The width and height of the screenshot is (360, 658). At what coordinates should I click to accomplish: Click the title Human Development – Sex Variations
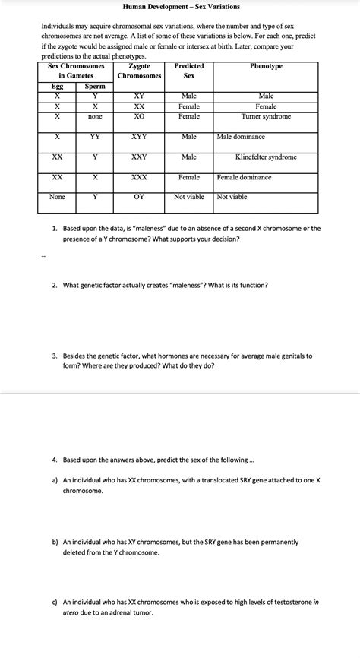(x=181, y=7)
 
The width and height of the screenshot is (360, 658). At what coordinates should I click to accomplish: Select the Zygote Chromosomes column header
(x=140, y=71)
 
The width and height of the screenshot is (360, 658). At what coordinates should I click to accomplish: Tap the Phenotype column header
(x=266, y=67)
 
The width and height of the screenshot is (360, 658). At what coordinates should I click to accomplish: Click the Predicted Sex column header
(x=189, y=71)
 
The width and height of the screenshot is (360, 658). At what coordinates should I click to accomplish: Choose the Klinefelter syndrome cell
(x=266, y=157)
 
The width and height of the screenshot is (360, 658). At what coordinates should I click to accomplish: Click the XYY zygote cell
(x=140, y=137)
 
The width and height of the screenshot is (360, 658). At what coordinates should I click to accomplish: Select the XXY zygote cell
(x=140, y=157)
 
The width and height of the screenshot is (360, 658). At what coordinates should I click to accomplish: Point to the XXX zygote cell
(x=140, y=177)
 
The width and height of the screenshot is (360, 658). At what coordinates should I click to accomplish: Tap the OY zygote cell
(x=140, y=197)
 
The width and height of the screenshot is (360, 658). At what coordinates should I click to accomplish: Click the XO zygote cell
(x=140, y=116)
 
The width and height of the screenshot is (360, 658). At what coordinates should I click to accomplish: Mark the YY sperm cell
(x=95, y=137)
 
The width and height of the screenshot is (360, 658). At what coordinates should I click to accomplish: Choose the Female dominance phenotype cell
(x=245, y=177)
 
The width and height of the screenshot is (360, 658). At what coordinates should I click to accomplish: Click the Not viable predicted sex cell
(x=189, y=197)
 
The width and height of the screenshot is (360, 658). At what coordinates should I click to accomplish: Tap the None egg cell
(x=57, y=197)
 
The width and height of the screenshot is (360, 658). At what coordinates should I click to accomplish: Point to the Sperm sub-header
(x=95, y=87)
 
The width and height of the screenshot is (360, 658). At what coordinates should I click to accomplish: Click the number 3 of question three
(x=55, y=356)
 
